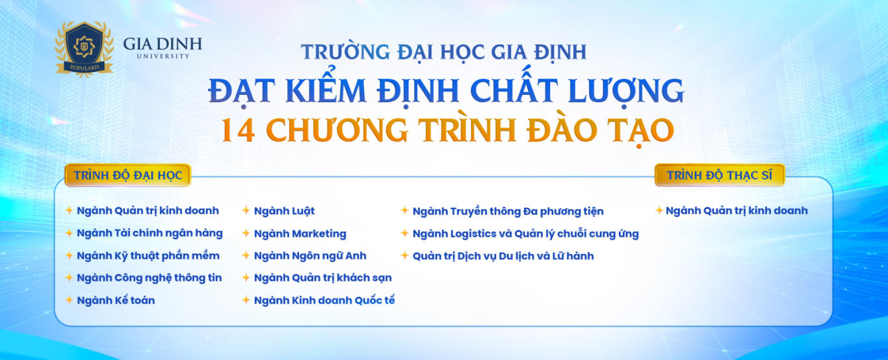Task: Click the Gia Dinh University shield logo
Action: coord(84,48)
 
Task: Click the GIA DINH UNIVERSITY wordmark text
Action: coord(163,47)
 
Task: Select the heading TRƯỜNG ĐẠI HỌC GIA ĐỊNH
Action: coord(443,51)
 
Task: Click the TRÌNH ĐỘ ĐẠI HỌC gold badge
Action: coord(127,175)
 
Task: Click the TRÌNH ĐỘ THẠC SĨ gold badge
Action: coord(720,175)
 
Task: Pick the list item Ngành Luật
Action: coord(284,211)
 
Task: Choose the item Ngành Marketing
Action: coord(300,233)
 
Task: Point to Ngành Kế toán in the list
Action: coord(116,300)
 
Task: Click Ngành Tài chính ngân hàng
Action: coord(150,233)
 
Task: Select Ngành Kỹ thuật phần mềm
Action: coord(148,255)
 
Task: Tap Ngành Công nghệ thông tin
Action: coord(149,277)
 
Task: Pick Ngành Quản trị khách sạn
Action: coord(322,277)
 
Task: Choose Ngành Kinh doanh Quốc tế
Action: coord(324,300)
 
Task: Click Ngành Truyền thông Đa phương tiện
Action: coord(508,211)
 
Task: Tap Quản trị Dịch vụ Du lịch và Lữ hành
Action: coord(503,256)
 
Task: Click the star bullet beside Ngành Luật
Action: coord(246,211)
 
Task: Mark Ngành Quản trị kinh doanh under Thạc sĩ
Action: coord(737,211)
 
